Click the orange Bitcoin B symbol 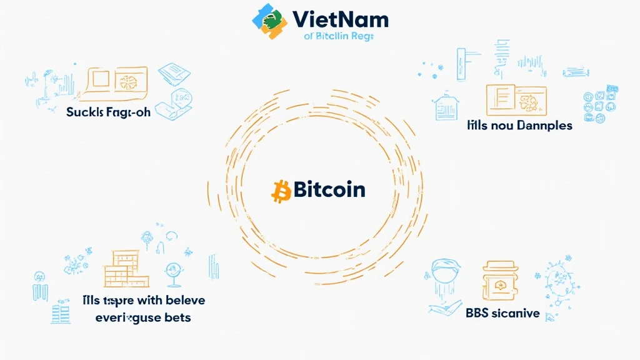tap(281, 191)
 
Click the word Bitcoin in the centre tap(329, 189)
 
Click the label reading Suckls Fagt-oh tap(108, 112)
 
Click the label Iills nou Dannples tap(519, 125)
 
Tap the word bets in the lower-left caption tap(177, 317)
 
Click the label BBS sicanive tap(502, 313)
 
